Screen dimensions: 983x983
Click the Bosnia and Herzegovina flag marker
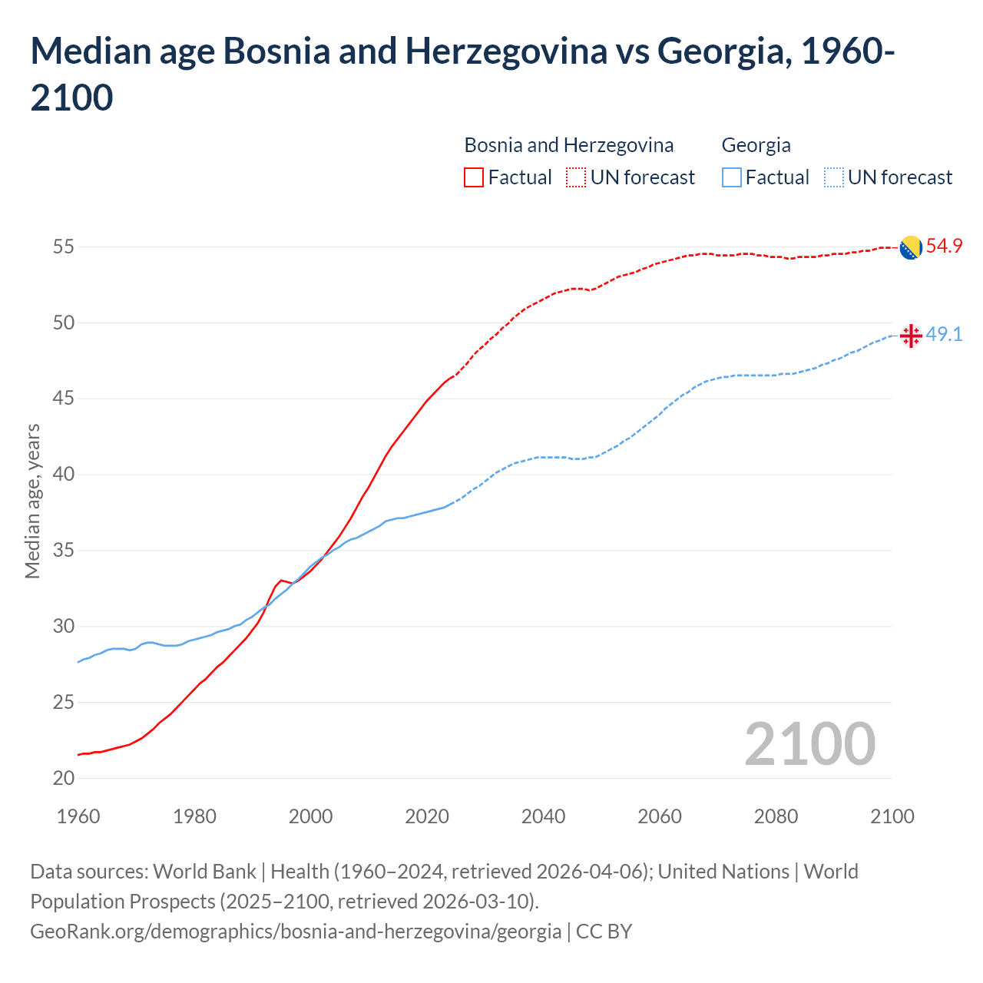tap(910, 247)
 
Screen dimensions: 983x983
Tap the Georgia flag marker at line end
tap(910, 336)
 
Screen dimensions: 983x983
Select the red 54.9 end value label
tap(944, 247)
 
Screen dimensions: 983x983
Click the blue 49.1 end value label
tap(944, 335)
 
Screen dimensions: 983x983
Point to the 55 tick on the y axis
tap(64, 247)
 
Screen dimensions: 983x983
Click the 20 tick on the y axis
tap(64, 778)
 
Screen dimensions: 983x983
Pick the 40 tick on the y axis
tap(64, 475)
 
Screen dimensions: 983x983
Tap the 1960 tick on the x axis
tap(78, 816)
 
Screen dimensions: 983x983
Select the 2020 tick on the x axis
tap(427, 816)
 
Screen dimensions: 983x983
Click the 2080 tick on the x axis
tap(776, 816)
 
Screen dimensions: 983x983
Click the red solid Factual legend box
tap(474, 177)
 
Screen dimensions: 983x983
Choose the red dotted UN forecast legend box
tap(576, 177)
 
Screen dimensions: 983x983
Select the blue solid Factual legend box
tap(732, 177)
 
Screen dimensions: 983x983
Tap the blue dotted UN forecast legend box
tap(833, 177)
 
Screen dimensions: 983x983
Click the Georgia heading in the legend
tap(756, 145)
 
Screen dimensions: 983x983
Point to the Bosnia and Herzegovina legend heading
tap(568, 145)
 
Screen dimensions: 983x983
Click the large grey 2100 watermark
tap(809, 744)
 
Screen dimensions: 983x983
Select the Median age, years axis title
tap(32, 501)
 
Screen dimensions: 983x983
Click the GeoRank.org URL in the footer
tap(296, 932)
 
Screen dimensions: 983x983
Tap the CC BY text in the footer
tap(604, 932)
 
